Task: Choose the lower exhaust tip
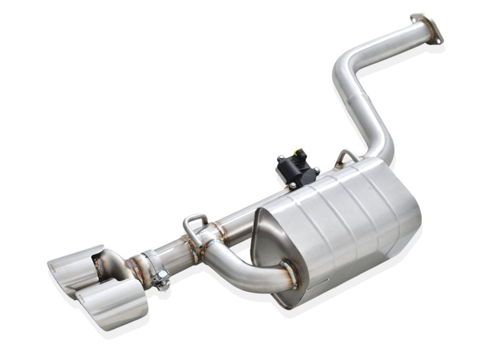click(113, 303)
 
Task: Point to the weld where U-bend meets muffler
click(289, 273)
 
